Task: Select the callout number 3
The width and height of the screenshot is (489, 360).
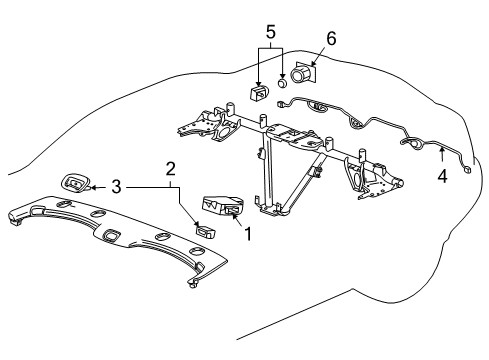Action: [x=117, y=186]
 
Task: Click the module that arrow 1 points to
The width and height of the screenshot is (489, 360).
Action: [x=222, y=205]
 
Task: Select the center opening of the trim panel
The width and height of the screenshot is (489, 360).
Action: [x=110, y=235]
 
